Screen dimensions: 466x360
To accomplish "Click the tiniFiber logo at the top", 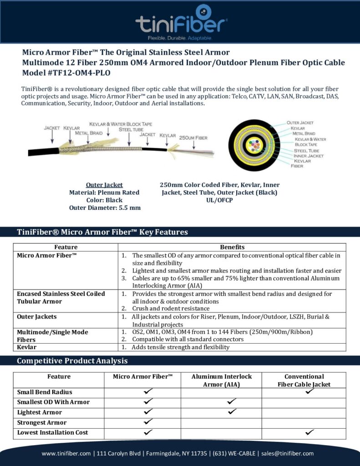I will [181, 20].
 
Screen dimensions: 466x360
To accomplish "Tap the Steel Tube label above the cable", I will [132, 129].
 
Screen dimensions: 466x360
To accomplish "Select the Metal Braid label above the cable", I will [89, 133].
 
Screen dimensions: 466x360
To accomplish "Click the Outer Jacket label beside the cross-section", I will [300, 122].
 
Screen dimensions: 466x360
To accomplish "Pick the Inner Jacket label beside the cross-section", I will [309, 156].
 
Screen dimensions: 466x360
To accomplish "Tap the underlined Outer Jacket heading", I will [104, 185].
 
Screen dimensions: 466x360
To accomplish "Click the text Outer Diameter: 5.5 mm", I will [104, 208].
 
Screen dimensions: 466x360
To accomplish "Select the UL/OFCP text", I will [219, 200].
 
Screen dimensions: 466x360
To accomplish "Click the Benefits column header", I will [232, 247].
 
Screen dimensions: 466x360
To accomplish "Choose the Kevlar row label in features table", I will [27, 347].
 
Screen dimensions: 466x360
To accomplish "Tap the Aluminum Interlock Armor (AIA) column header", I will [221, 380].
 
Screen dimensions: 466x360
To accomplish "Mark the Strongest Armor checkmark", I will [148, 422].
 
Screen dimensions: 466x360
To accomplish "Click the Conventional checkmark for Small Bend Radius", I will [310, 391].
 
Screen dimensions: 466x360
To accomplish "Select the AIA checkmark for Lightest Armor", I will [231, 412].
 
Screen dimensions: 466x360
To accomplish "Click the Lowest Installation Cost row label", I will [52, 432].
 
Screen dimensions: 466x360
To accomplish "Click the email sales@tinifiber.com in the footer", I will [288, 453].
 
